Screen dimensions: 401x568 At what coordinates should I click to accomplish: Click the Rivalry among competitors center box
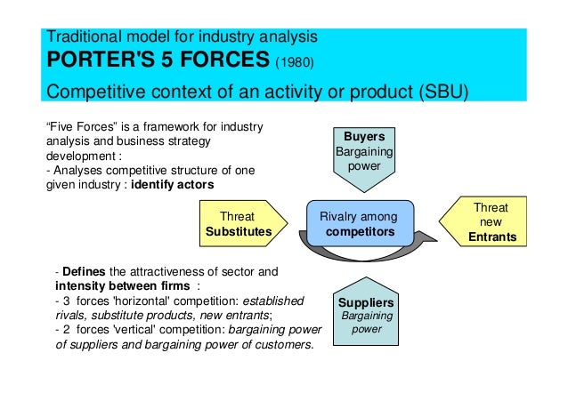[x=359, y=223]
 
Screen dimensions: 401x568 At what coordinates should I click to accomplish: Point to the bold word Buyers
[x=363, y=136]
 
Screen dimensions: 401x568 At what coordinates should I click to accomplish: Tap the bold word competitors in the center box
[x=359, y=230]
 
